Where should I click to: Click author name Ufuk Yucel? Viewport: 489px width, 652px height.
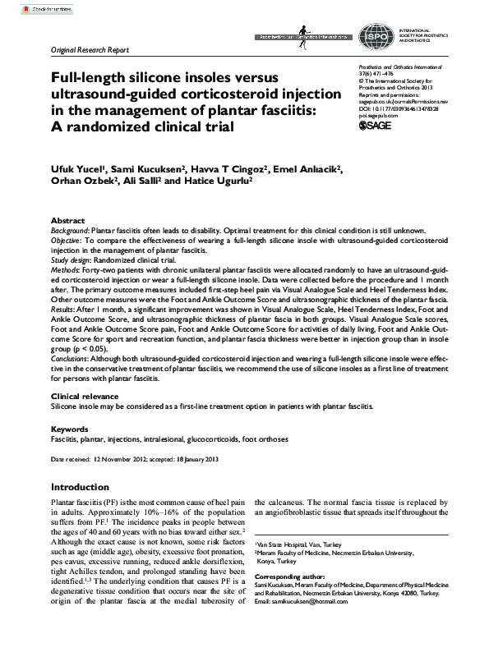tap(81, 169)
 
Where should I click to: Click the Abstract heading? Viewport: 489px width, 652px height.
tap(67, 222)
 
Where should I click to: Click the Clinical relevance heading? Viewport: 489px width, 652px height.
tap(88, 396)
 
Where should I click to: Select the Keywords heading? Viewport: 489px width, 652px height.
tap(69, 429)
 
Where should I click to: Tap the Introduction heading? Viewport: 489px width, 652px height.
tap(80, 487)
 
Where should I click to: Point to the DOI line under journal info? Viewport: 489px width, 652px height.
tap(398, 108)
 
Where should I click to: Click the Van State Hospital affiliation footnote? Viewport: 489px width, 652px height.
tap(299, 544)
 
